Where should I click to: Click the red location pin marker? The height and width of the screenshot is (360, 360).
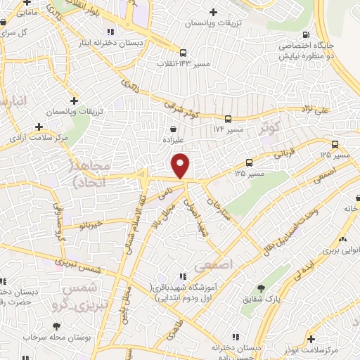[181, 166]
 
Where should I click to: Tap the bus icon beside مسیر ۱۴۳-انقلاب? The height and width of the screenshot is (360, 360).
[183, 52]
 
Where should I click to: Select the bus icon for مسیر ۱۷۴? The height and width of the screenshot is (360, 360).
[228, 119]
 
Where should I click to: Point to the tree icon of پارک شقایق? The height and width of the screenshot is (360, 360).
[262, 288]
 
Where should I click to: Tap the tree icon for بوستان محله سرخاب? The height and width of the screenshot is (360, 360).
[55, 326]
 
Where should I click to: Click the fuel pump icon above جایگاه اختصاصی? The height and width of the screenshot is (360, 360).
[304, 35]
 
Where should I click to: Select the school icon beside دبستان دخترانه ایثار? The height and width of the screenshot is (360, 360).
[110, 32]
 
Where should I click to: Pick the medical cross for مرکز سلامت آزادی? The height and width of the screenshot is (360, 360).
[38, 127]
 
